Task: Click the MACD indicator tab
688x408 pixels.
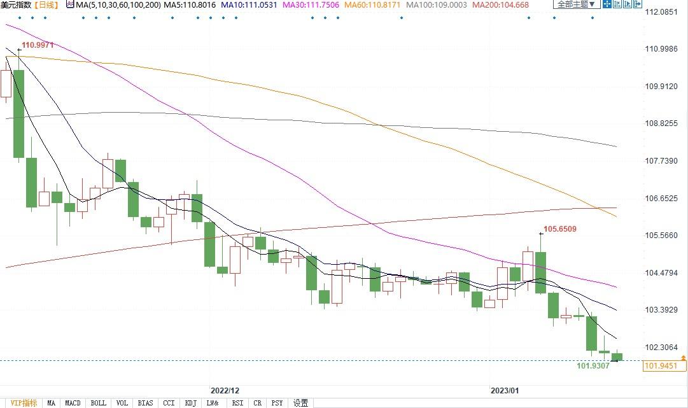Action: [73, 403]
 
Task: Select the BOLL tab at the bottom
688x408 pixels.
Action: [98, 403]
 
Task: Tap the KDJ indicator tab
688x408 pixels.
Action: [190, 403]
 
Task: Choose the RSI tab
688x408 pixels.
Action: [237, 403]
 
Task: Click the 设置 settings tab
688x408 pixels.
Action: [301, 403]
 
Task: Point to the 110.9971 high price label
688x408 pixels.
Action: [38, 45]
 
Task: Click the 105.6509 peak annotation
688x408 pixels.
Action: [559, 229]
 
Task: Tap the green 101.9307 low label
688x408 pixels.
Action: [593, 366]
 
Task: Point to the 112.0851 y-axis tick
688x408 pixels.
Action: [661, 12]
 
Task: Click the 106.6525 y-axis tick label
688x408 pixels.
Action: [661, 199]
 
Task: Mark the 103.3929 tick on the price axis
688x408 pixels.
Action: [661, 310]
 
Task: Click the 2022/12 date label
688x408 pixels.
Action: [225, 390]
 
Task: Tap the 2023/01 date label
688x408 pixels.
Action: [505, 390]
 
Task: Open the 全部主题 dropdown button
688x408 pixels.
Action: [576, 4]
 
